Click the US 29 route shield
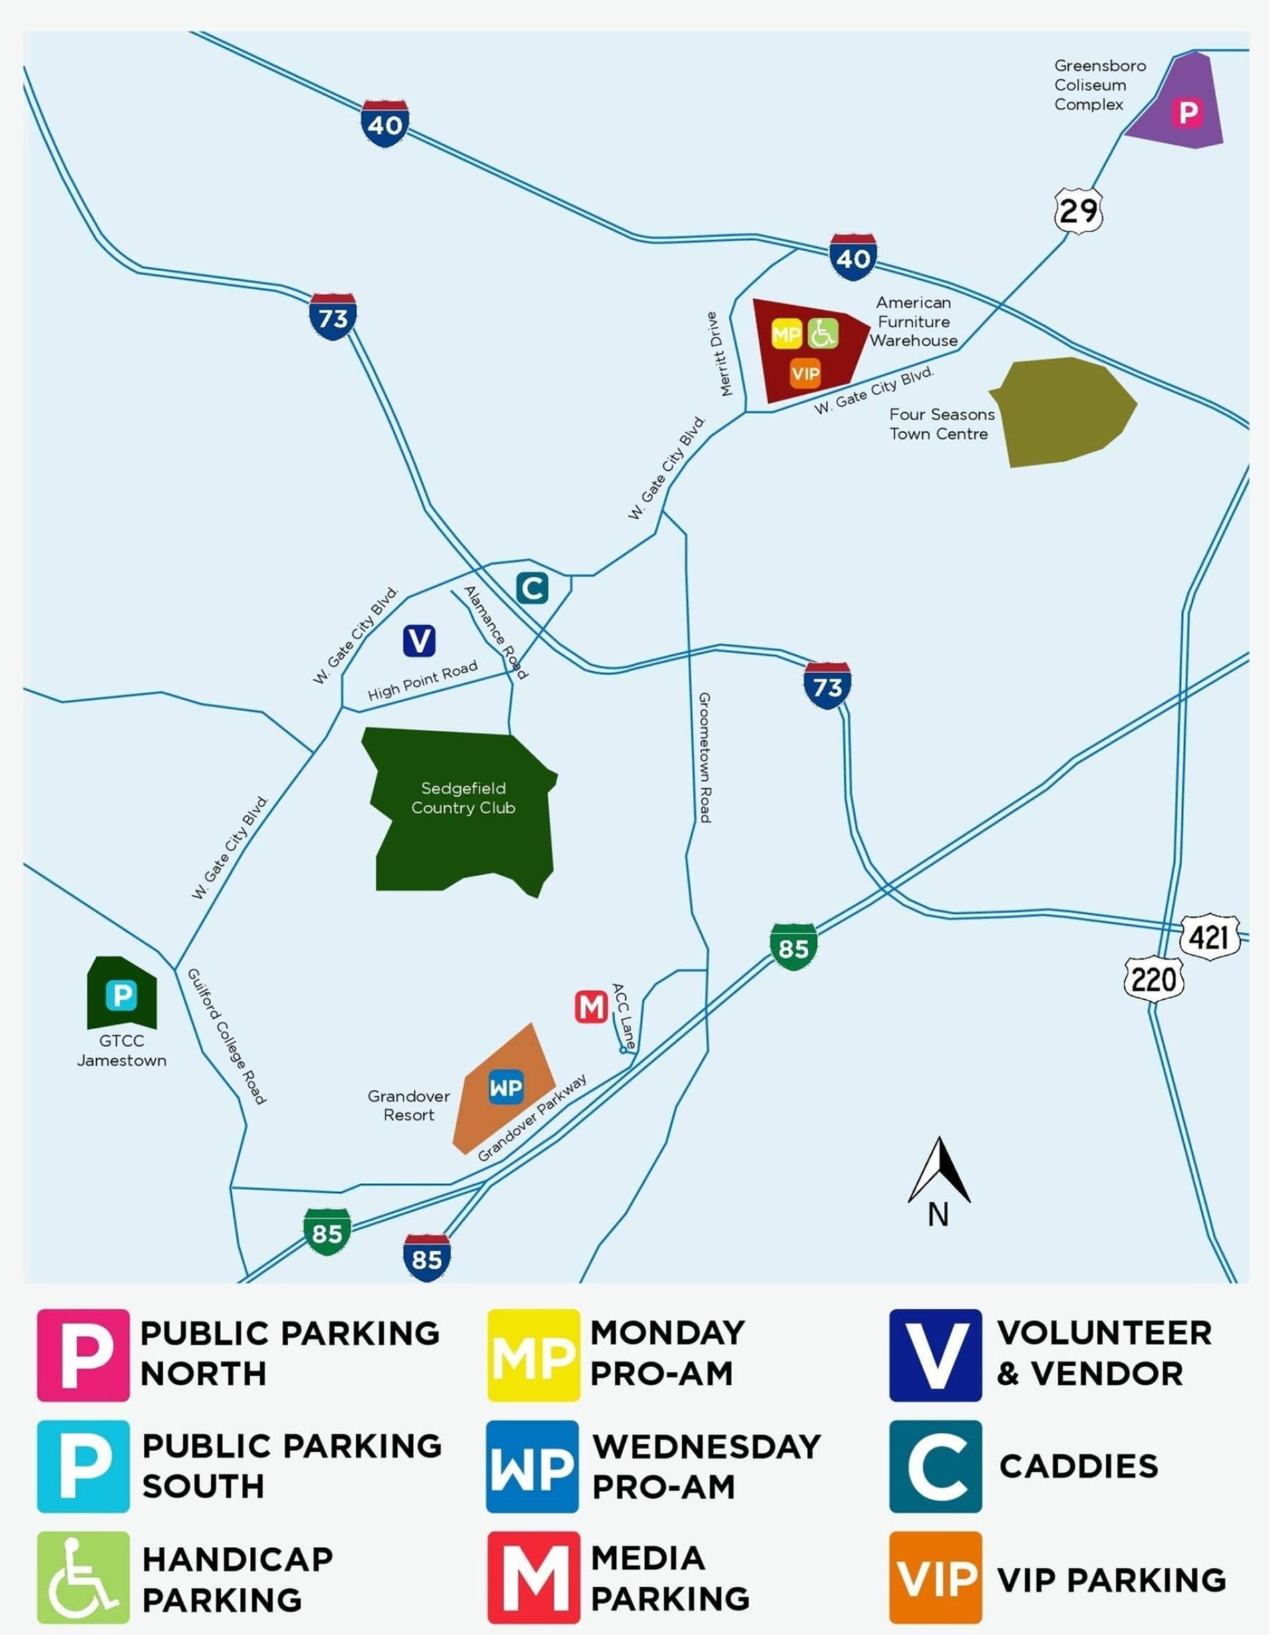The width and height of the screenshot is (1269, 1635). click(x=1078, y=211)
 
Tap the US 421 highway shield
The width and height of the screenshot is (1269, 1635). click(x=1209, y=936)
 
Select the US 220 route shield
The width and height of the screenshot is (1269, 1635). click(x=1153, y=979)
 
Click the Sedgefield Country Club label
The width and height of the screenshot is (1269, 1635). click(x=464, y=798)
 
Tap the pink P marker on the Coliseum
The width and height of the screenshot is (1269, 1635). click(x=1187, y=113)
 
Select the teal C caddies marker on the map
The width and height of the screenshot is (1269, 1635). click(x=532, y=588)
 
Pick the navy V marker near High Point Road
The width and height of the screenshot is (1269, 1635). click(x=419, y=641)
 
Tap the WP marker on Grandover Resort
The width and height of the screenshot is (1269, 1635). click(x=506, y=1088)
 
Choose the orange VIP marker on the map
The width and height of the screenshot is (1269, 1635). click(x=805, y=373)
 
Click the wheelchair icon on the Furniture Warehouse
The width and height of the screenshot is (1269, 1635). click(x=823, y=334)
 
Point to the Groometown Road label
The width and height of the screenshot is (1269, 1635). click(x=705, y=757)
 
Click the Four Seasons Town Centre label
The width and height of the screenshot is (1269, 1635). click(x=941, y=423)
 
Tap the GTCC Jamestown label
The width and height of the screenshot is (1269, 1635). click(x=122, y=1051)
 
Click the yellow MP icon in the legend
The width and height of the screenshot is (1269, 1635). click(x=533, y=1355)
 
